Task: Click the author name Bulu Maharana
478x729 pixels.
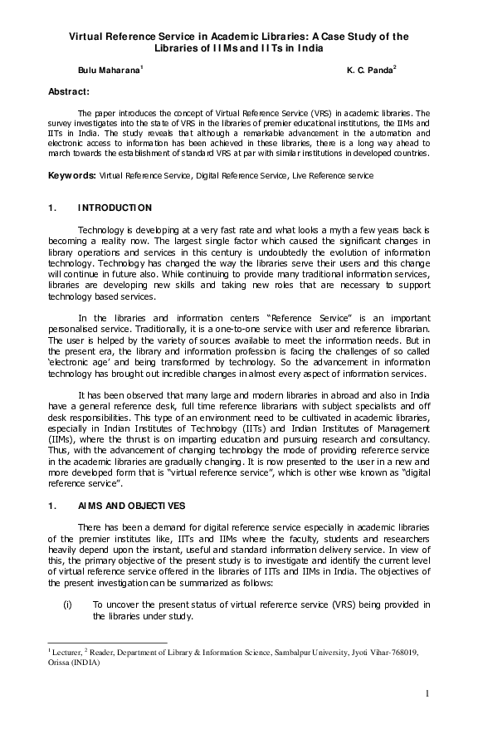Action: click(110, 73)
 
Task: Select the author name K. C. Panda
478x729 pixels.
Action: click(370, 73)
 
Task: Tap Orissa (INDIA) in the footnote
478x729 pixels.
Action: click(74, 663)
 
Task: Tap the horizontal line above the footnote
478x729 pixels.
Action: click(108, 642)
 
